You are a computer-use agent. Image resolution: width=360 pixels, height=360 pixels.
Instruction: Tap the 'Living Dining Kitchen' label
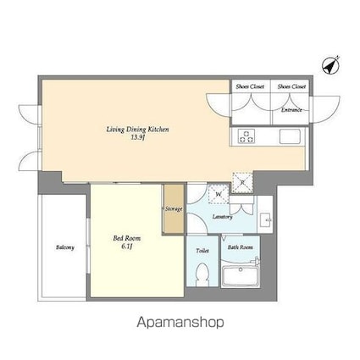click(x=138, y=129)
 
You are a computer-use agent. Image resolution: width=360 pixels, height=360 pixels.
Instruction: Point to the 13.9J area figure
click(x=138, y=137)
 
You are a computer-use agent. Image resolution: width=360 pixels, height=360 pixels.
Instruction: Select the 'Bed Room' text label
click(x=126, y=238)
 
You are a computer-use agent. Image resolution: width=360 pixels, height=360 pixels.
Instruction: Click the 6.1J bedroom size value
click(x=126, y=246)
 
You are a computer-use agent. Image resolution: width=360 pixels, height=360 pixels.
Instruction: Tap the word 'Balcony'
click(x=64, y=247)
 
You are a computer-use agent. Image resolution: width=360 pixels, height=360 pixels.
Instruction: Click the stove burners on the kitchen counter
click(x=246, y=136)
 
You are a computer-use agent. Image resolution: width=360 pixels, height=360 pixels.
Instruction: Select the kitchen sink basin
click(x=288, y=136)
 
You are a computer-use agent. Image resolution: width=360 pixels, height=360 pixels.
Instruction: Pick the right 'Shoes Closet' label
click(x=291, y=86)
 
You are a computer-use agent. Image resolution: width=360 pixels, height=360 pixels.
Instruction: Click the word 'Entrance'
click(x=292, y=110)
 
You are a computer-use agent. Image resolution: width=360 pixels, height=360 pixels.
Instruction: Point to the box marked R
click(x=241, y=181)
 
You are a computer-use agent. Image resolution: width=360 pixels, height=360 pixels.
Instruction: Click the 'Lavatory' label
click(x=223, y=216)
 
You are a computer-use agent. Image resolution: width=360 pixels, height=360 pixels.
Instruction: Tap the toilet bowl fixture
click(x=202, y=274)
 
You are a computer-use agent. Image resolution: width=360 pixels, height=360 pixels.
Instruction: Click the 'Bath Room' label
click(x=241, y=247)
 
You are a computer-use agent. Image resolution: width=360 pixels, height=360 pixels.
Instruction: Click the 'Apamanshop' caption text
click(x=180, y=323)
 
